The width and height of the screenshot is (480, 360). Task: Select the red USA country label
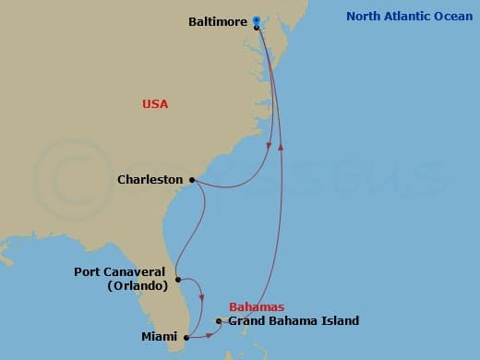(155, 104)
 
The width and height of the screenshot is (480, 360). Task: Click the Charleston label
(150, 180)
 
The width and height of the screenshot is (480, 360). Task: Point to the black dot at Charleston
(192, 180)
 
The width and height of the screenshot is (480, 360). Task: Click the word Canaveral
(137, 272)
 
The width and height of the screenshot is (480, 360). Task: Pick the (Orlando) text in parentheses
(137, 286)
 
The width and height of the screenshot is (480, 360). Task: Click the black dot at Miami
(186, 337)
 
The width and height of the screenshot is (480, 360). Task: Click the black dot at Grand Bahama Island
(219, 321)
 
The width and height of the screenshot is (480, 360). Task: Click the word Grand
(246, 321)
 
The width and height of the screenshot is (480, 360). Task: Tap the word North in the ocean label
(363, 16)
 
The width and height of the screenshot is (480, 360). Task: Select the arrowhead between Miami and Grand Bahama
(210, 332)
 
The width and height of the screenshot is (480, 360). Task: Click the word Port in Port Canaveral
(90, 272)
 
